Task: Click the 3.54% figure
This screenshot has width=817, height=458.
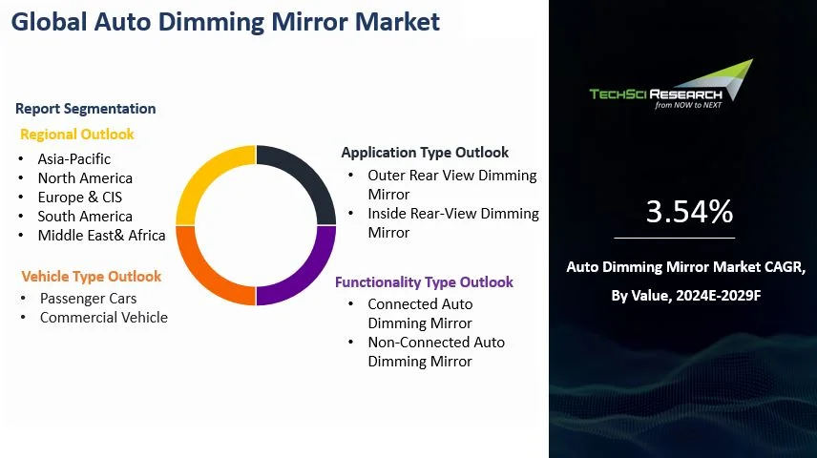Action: click(x=689, y=212)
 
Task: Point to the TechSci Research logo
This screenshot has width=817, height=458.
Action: click(x=672, y=85)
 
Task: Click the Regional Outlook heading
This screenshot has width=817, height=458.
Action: click(x=77, y=135)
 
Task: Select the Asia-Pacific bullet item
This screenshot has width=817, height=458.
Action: click(x=74, y=159)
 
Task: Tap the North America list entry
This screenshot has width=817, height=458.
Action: click(x=85, y=178)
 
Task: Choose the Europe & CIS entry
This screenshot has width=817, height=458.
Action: click(x=80, y=197)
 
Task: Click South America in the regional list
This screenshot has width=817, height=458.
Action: click(x=85, y=217)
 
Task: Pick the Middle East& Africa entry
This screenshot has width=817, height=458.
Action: click(x=101, y=236)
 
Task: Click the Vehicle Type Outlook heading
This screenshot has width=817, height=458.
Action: click(x=92, y=276)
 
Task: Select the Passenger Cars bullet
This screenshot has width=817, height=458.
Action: click(x=88, y=299)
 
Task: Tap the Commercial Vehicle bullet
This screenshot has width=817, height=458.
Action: click(x=104, y=318)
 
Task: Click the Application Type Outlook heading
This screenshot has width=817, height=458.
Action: click(x=425, y=153)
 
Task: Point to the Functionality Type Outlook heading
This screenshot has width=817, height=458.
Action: click(x=424, y=282)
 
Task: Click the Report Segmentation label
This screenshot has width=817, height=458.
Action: click(x=86, y=109)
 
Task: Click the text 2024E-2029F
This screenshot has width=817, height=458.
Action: click(x=718, y=296)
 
